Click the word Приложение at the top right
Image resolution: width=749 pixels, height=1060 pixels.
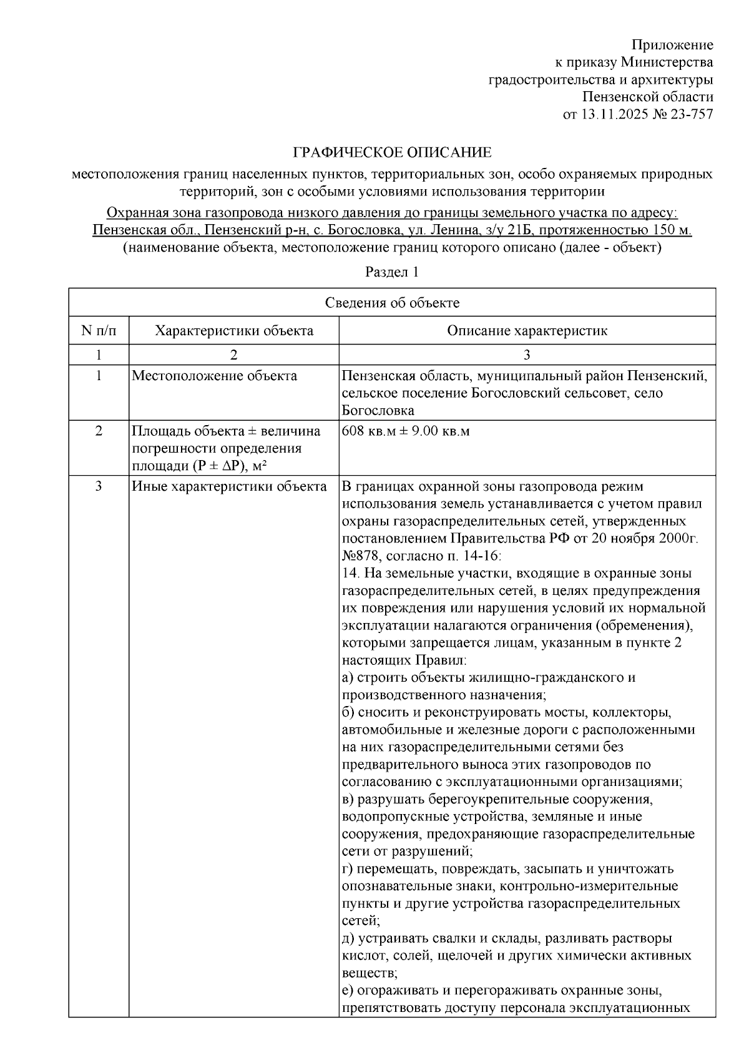(672, 45)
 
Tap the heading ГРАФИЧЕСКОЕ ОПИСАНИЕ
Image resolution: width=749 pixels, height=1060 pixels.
(393, 152)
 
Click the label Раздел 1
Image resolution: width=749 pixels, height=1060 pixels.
(391, 272)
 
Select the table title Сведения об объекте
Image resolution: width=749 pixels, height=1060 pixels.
(392, 303)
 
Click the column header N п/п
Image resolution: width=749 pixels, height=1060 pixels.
(99, 331)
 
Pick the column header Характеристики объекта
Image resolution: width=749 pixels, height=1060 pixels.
(234, 331)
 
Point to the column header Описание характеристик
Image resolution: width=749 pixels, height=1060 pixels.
(527, 331)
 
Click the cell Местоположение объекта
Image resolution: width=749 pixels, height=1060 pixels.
(214, 376)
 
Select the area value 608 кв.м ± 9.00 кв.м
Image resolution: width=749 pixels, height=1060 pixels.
(406, 431)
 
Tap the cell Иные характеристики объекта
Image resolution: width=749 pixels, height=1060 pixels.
(229, 486)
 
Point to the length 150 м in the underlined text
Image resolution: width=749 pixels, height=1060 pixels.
(672, 230)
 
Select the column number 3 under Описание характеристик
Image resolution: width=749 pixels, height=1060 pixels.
(527, 355)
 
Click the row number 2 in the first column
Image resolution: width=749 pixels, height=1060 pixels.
(99, 431)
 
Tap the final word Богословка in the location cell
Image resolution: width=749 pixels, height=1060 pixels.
(378, 411)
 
